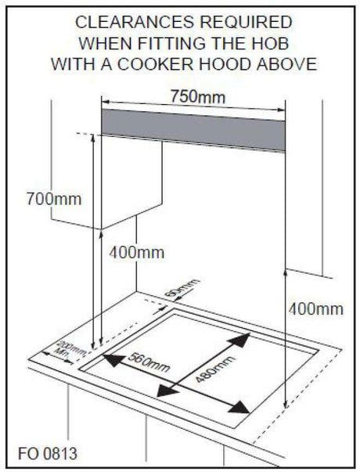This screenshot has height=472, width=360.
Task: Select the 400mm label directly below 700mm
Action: coord(137,252)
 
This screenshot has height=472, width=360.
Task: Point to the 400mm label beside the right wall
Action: coord(316,308)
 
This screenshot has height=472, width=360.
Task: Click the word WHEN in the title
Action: coord(105,43)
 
